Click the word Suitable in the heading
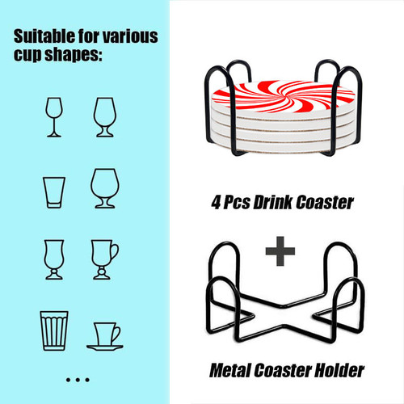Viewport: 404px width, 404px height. pyautogui.click(x=44, y=36)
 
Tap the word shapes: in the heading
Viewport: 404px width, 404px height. pyautogui.click(x=74, y=55)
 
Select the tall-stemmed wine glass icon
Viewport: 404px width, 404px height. pyautogui.click(x=54, y=117)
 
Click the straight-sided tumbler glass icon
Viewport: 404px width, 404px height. pyautogui.click(x=54, y=192)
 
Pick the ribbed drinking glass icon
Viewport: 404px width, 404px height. pyautogui.click(x=54, y=330)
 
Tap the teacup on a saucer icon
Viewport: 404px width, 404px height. pyautogui.click(x=105, y=336)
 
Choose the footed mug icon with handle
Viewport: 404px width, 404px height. pyautogui.click(x=105, y=259)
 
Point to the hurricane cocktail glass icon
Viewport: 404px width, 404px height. pyautogui.click(x=54, y=259)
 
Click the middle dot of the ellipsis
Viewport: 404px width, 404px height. pyautogui.click(x=78, y=380)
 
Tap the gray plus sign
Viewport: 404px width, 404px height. pyautogui.click(x=280, y=251)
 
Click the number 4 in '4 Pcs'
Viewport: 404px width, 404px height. pyautogui.click(x=217, y=203)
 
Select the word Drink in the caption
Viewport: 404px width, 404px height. pyautogui.click(x=272, y=202)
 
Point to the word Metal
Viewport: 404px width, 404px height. pyautogui.click(x=230, y=370)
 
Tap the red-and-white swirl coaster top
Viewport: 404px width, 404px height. pyautogui.click(x=284, y=96)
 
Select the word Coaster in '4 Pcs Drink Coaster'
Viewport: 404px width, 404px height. pyautogui.click(x=325, y=202)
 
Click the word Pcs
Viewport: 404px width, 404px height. pyautogui.click(x=237, y=203)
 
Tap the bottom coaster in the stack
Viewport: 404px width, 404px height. pyautogui.click(x=283, y=148)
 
